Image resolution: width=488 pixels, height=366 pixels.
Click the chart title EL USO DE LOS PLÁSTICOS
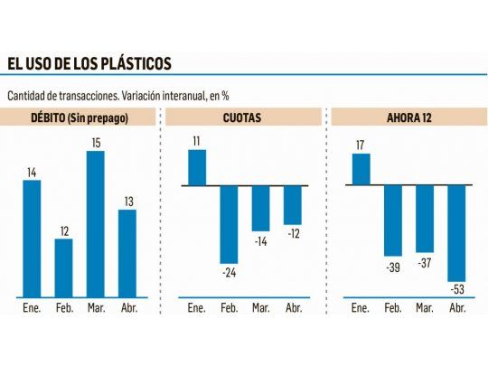point(89,63)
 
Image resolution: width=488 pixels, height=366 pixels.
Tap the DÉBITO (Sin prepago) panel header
point(80,117)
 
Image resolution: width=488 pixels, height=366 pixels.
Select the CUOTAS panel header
point(242,117)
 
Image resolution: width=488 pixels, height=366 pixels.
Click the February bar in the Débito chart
point(63,267)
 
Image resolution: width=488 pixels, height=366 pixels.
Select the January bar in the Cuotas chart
point(196,167)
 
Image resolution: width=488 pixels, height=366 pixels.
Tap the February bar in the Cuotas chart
point(229,224)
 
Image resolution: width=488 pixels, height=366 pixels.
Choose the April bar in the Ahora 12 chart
point(455,233)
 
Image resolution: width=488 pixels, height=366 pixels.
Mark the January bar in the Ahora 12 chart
point(360,169)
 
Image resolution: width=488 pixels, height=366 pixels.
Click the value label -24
point(229,272)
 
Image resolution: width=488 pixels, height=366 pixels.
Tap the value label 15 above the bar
point(95,143)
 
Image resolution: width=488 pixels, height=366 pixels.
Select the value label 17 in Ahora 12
point(360,145)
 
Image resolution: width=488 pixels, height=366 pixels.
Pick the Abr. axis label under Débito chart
point(127,308)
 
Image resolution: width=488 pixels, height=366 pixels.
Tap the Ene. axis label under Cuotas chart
point(196,308)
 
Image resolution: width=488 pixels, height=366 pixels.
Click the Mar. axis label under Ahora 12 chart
point(424,308)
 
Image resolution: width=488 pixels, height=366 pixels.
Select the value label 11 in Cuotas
point(196,140)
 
